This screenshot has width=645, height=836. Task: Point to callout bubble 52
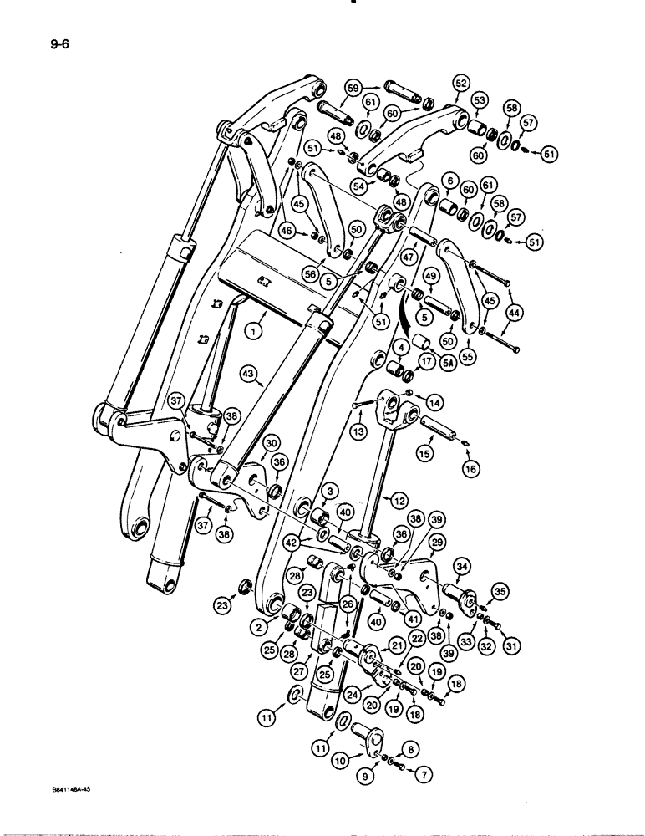coord(460,82)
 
